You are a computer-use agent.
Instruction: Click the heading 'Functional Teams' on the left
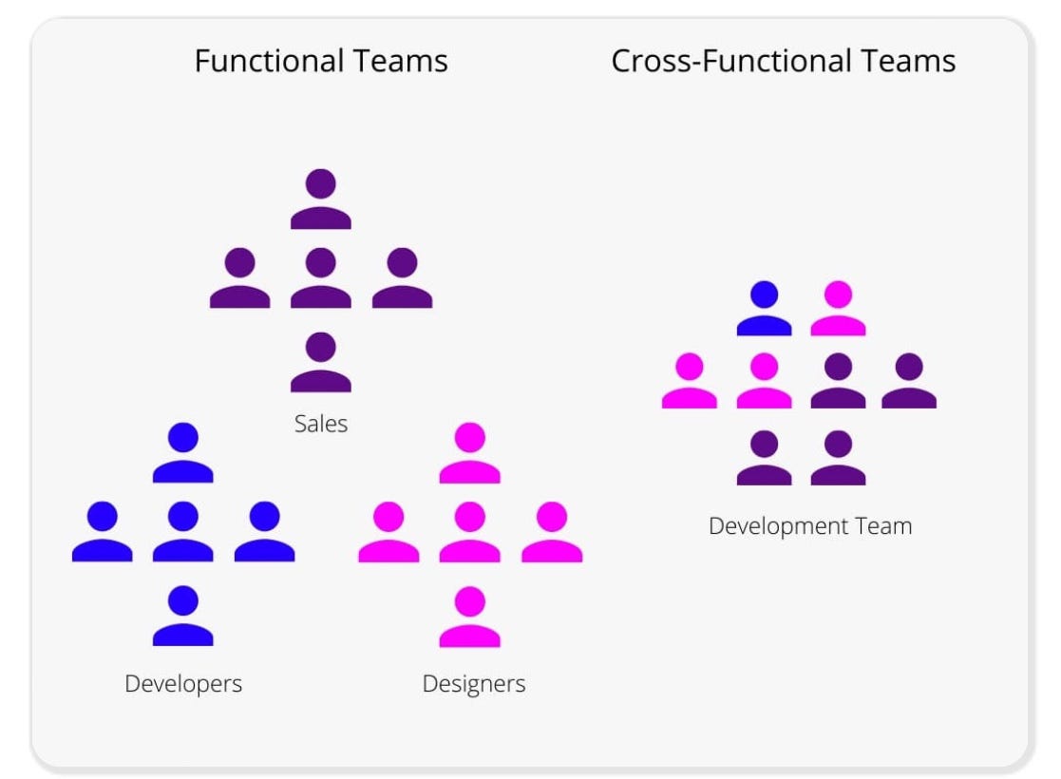321,62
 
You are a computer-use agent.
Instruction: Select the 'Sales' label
321,424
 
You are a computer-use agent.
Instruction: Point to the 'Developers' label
183,683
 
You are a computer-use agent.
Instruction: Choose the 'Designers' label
474,683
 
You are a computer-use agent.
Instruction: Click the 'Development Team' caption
810,525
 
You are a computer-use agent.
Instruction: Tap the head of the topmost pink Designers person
470,438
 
